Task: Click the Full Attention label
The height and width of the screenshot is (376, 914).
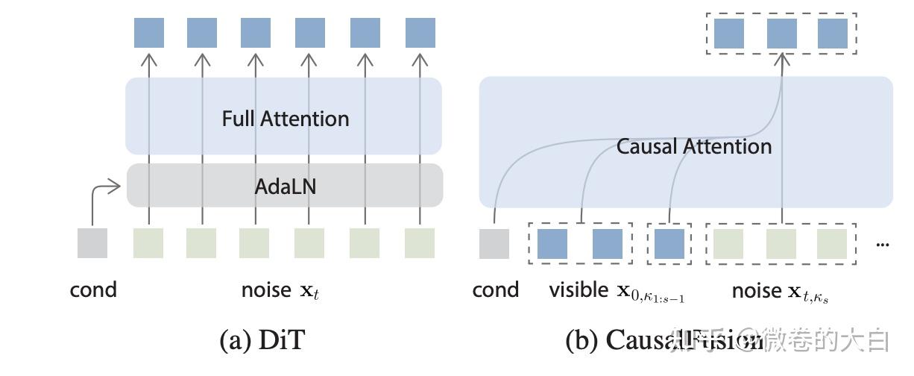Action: tap(285, 119)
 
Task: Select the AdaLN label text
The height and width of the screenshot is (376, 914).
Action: tap(285, 186)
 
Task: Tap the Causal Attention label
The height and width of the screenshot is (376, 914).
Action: tap(693, 146)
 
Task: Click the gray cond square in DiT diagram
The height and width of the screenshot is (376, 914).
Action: tap(92, 243)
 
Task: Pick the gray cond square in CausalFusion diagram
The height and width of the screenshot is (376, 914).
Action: tap(494, 244)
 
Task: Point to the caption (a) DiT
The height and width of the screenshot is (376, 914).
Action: tap(262, 340)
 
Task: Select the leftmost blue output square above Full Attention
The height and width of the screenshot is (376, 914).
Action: tap(149, 33)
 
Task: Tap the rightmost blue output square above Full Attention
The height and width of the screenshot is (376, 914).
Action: tap(420, 33)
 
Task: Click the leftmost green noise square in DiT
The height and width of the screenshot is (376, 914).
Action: tap(148, 243)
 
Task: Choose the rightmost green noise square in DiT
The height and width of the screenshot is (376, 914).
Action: tap(420, 243)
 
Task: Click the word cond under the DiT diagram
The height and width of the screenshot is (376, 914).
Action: tap(93, 289)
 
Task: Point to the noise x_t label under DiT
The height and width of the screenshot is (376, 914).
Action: tap(280, 290)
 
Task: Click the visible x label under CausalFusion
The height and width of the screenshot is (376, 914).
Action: tap(617, 291)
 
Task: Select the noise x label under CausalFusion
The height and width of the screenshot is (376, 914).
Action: tap(780, 291)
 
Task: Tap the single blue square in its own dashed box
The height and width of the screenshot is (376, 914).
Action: tap(669, 244)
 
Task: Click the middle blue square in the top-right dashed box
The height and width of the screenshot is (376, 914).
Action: tap(781, 34)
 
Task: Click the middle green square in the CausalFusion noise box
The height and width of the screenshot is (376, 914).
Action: tap(781, 244)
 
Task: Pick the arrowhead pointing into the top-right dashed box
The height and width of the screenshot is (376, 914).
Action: tap(781, 60)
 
